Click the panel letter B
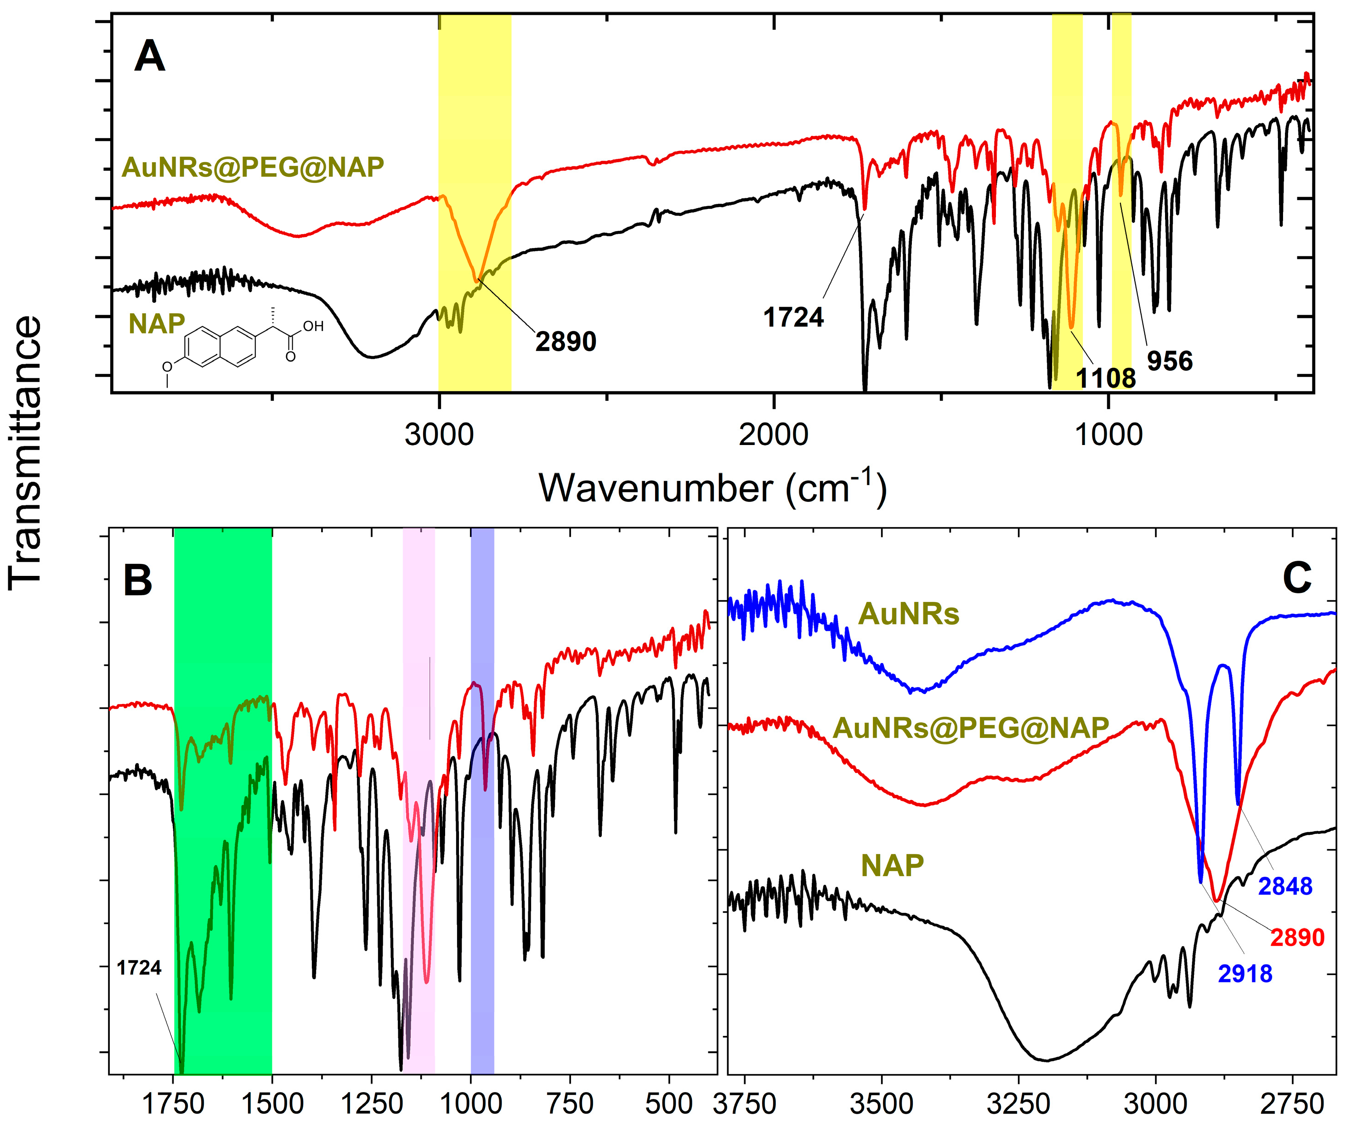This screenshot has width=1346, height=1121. click(137, 580)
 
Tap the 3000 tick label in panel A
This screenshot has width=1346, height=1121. click(439, 435)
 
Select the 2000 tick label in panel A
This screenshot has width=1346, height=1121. click(773, 435)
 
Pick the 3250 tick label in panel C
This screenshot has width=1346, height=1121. click(1018, 1104)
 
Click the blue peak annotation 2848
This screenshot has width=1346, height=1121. click(1285, 886)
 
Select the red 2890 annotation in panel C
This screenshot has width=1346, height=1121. click(1297, 938)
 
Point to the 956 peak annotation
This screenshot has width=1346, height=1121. click(1170, 361)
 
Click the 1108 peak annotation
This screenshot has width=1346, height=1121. click(1106, 378)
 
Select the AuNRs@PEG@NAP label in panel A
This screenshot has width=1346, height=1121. click(253, 167)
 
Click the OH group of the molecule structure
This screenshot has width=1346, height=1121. click(313, 327)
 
